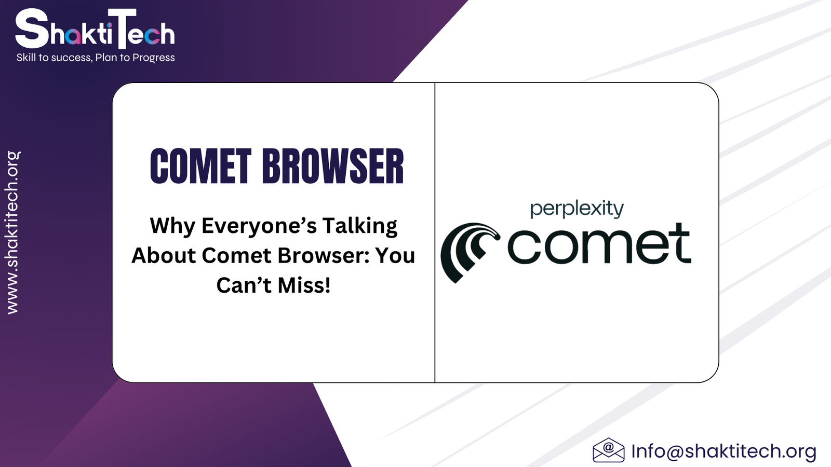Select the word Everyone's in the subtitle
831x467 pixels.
coord(259,226)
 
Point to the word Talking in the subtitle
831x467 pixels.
coord(360,226)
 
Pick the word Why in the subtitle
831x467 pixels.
coord(172,226)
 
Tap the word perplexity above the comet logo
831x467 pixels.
coord(577,210)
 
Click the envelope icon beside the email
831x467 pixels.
coord(608,450)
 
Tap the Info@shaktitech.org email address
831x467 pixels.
coord(724,451)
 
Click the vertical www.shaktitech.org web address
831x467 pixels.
coord(13,233)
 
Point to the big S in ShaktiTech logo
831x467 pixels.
coord(32,29)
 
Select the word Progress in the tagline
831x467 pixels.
coord(154,58)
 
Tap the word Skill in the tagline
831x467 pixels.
coord(26,58)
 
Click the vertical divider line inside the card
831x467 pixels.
coord(435,232)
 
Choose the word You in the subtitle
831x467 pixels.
coord(395,256)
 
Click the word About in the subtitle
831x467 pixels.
coord(164,256)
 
